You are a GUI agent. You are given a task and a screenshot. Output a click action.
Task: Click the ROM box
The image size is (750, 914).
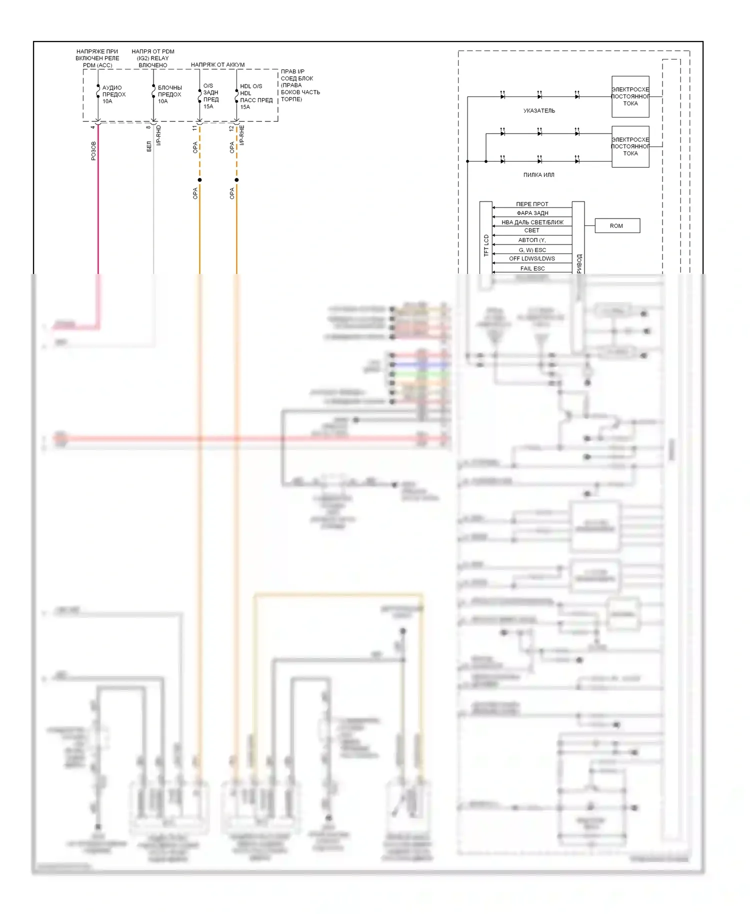[617, 226]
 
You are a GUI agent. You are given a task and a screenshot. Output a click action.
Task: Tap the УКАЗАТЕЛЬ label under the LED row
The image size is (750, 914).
[539, 110]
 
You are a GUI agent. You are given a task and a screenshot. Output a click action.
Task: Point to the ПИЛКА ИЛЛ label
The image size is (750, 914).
[538, 175]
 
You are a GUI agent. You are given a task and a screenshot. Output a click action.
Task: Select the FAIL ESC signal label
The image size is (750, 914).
[532, 268]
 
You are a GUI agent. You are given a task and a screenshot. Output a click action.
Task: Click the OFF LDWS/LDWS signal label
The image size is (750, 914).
[532, 258]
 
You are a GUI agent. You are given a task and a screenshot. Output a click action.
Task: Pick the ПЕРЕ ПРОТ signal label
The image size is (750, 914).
[532, 204]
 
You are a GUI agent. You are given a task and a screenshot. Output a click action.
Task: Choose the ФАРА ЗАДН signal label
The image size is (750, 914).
[532, 213]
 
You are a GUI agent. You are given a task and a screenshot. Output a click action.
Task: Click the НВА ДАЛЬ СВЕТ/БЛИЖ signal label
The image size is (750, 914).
[532, 222]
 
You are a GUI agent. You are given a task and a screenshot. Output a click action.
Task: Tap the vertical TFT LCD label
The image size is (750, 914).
[486, 245]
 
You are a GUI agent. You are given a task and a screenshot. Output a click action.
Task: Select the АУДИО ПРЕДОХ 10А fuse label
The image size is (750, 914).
[114, 94]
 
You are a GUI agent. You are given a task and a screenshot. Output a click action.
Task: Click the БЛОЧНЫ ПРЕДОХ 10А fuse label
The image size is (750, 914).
[169, 94]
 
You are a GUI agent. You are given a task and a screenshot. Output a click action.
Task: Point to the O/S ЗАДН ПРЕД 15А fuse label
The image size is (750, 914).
[210, 96]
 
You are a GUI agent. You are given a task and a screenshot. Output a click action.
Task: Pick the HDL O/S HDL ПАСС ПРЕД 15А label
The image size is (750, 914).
[256, 96]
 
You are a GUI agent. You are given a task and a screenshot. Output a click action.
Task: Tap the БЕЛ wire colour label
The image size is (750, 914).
[149, 146]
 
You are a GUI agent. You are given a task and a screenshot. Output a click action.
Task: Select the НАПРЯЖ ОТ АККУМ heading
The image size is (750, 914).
[217, 64]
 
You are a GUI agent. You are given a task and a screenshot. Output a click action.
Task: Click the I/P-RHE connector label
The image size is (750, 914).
[242, 135]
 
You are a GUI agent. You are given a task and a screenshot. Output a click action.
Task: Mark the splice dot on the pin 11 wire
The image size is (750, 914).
[199, 180]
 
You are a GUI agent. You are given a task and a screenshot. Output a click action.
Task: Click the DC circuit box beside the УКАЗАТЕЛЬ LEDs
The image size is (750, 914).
[630, 96]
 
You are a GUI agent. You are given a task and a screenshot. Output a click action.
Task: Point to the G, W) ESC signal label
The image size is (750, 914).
[532, 250]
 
